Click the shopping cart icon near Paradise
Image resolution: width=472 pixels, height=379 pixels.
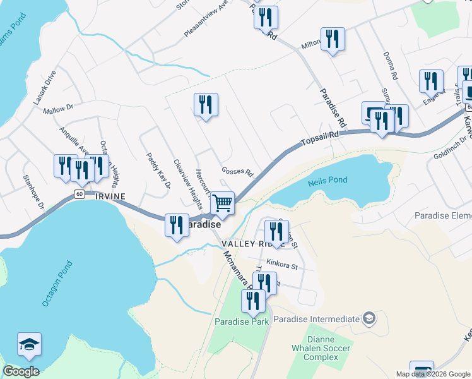pos(222,204)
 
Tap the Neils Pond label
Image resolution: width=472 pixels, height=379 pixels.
pos(327,181)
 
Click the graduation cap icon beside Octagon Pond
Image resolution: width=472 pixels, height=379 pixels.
pos(29,344)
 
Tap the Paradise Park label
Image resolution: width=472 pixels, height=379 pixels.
pos(242,322)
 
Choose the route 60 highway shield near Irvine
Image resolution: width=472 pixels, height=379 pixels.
pos(78,194)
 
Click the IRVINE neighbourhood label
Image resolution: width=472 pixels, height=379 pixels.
pos(110,196)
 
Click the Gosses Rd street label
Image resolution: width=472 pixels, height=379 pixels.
pos(237,172)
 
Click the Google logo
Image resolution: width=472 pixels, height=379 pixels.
pos(21,371)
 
